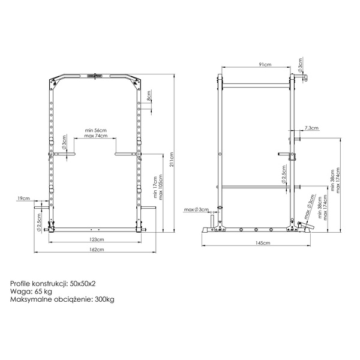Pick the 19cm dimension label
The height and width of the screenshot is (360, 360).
(23, 197)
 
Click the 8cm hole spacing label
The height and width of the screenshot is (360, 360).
(149, 98)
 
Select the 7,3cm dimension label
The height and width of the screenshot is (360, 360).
(311, 128)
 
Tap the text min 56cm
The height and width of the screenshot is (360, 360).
(95, 130)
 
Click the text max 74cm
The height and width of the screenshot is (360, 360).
(95, 136)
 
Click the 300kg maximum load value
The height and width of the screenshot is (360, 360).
(104, 299)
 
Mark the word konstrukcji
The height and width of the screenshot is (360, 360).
(51, 282)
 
